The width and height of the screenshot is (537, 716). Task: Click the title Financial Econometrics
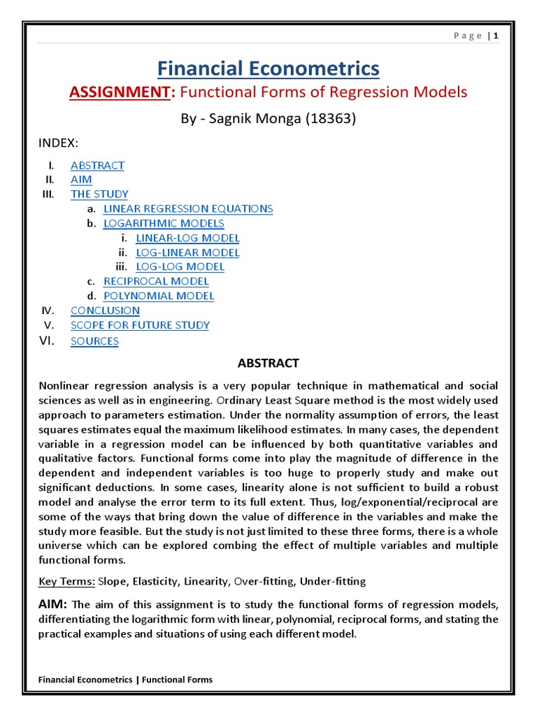coord(268,69)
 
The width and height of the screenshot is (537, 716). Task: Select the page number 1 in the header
coord(496,37)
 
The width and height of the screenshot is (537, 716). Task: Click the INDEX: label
coord(58,143)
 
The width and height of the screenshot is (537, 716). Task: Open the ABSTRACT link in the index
coord(97,166)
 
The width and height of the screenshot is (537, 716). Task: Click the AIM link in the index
coord(81,180)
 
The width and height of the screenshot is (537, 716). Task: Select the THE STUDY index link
coord(99,194)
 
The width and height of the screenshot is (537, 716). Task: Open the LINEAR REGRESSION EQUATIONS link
coord(188,208)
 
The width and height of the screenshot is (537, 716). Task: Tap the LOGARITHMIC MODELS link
coord(164,223)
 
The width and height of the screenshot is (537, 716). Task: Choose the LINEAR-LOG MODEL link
coord(187,238)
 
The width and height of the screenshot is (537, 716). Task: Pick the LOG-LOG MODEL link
coord(180,266)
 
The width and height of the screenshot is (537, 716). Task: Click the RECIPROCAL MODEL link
coord(156,281)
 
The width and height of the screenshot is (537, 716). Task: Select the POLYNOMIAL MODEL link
coord(159,296)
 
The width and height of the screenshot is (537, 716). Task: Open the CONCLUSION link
coord(105,310)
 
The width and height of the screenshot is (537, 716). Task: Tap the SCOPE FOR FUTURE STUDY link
coord(140,325)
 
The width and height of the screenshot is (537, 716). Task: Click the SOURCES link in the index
coord(94,341)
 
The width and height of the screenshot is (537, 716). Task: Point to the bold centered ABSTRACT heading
coord(268,363)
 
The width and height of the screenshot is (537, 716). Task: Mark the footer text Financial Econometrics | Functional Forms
coord(126,680)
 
